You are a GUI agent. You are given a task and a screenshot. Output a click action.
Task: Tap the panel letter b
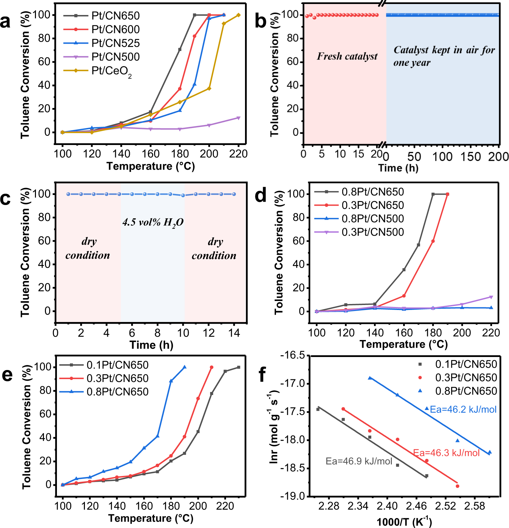(260, 21)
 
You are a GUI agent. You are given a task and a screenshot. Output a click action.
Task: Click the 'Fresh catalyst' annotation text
(347, 56)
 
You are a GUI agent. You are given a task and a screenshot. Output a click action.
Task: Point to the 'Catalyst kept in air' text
(444, 50)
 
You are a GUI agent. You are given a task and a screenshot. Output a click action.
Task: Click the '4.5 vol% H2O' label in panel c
(153, 222)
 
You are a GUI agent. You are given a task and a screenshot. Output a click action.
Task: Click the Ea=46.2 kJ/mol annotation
(463, 409)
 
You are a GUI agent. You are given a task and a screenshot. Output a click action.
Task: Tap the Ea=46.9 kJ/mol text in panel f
(359, 461)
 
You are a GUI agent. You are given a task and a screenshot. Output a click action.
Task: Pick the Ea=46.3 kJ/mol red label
(446, 453)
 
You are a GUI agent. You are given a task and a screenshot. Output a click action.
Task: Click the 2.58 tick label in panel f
(474, 506)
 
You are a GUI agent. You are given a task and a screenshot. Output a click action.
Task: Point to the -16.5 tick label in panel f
(293, 355)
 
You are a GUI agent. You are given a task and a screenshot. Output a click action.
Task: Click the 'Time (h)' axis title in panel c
(151, 345)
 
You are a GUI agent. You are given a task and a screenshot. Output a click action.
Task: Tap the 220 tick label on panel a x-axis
(238, 154)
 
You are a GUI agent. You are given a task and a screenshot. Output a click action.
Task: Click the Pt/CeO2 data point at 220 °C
(238, 15)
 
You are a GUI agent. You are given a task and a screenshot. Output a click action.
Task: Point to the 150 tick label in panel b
(471, 156)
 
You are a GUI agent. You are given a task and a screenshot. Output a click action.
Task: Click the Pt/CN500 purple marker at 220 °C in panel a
(238, 118)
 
